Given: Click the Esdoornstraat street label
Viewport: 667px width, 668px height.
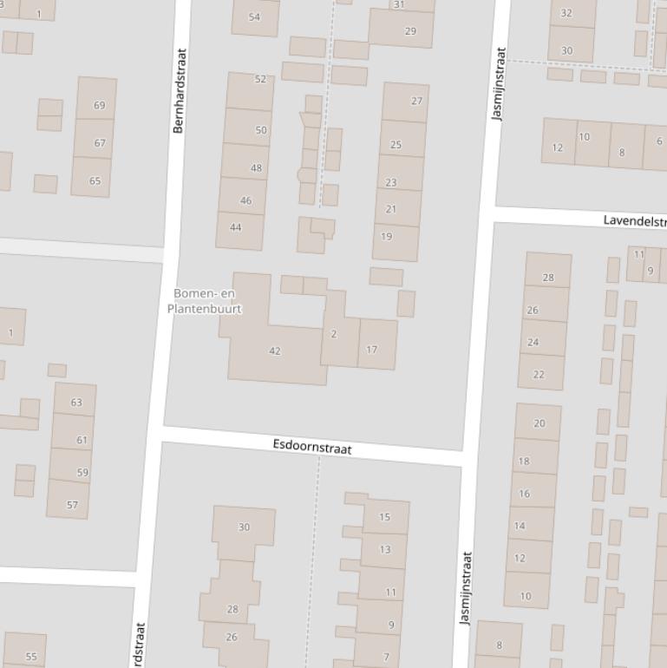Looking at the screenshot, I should tap(312, 447).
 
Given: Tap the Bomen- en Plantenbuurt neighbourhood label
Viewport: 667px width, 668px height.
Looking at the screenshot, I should tap(205, 301).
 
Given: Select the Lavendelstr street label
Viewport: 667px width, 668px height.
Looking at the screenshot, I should tap(634, 220).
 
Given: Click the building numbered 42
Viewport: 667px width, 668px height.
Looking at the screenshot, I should tap(275, 351).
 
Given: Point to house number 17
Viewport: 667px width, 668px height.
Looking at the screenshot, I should tap(372, 350).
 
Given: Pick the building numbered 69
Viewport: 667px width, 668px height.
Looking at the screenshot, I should tap(99, 106).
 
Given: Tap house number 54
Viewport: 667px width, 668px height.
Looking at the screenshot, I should tap(254, 17).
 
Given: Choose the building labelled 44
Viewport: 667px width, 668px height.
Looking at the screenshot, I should tap(236, 227).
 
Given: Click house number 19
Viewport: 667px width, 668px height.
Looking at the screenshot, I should tap(387, 236).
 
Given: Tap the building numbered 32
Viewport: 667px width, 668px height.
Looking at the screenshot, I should tap(566, 13).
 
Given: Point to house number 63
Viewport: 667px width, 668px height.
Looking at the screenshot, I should tap(76, 402).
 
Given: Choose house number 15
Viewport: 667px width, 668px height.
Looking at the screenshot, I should tap(384, 517).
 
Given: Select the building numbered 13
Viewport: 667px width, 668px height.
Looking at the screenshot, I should tap(384, 549).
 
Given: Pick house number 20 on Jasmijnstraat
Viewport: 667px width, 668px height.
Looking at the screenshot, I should tap(539, 423).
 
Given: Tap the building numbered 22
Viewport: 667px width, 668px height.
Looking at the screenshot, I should tap(539, 374).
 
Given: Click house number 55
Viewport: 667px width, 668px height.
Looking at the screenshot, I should tap(31, 656).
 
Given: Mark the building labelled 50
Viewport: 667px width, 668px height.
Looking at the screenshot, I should tap(261, 130).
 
